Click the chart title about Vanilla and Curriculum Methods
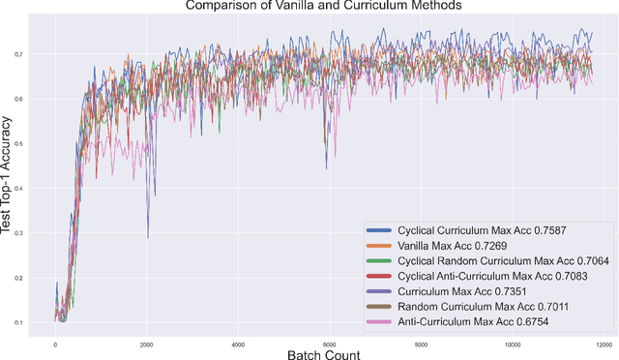(326, 7)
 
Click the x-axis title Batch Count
(323, 354)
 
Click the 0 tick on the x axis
(55, 344)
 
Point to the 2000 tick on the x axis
(147, 344)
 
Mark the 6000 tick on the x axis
(330, 344)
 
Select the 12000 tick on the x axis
(604, 344)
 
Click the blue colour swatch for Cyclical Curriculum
(380, 231)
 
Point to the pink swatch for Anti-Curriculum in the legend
(380, 322)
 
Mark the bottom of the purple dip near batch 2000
(148, 237)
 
